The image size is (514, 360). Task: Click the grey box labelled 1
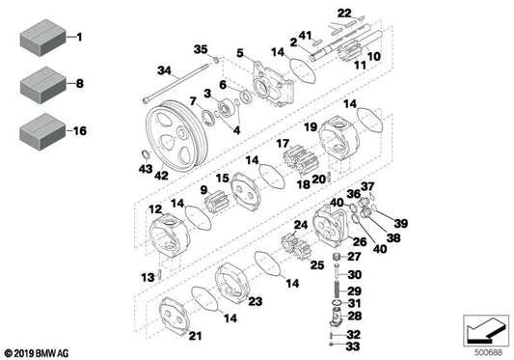coord(39,38)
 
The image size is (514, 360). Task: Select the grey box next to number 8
coord(39,84)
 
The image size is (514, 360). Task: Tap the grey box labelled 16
coord(39,128)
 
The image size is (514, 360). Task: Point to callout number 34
coord(164,69)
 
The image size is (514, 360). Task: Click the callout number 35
coord(201,49)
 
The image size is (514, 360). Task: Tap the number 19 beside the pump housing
coord(311,126)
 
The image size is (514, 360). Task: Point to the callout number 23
coord(257,301)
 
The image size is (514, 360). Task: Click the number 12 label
coord(155,209)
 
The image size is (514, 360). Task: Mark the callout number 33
coord(352,345)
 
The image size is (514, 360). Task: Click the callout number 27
coord(353,257)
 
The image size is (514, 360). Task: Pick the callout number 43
coord(145,169)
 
